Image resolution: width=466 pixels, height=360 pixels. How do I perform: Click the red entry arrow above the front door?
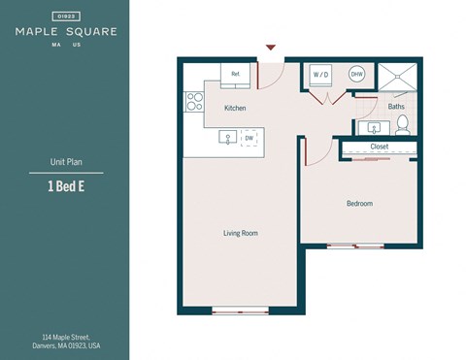click(x=271, y=47)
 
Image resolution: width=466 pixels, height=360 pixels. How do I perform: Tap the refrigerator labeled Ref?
click(x=235, y=74)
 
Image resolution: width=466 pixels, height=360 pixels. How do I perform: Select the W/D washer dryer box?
click(x=319, y=74)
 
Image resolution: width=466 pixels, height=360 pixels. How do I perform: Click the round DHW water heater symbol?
click(x=356, y=74)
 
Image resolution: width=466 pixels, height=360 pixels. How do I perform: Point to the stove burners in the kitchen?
click(x=193, y=100)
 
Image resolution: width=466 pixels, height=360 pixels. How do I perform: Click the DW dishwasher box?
click(x=250, y=139)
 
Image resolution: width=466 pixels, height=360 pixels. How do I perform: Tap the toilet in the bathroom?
click(x=403, y=125)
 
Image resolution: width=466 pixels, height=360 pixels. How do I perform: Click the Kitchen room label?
click(x=236, y=108)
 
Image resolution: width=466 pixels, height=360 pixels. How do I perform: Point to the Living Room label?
click(x=241, y=233)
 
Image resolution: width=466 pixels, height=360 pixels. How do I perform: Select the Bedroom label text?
click(x=359, y=204)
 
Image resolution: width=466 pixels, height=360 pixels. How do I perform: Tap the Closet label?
click(x=380, y=147)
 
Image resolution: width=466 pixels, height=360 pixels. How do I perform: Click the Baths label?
click(x=396, y=107)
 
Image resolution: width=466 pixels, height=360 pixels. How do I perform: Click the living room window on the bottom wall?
click(x=240, y=311)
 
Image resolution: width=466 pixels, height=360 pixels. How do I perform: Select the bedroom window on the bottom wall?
click(x=355, y=245)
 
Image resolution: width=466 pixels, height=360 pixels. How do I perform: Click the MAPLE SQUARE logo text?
click(x=66, y=31)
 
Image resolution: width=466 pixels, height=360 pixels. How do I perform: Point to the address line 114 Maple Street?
click(x=65, y=336)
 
